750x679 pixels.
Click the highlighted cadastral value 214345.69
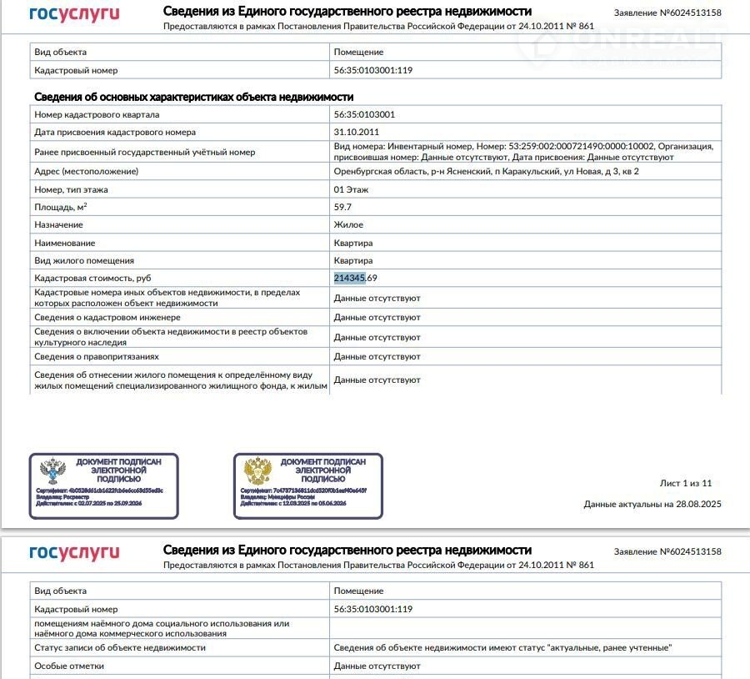pyautogui.click(x=362, y=278)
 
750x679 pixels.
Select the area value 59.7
pyautogui.click(x=342, y=207)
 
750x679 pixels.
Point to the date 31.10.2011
pyautogui.click(x=357, y=132)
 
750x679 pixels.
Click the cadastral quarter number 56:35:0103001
pyautogui.click(x=364, y=114)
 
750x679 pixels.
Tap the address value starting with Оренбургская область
pyautogui.click(x=486, y=171)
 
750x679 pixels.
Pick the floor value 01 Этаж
pyautogui.click(x=351, y=189)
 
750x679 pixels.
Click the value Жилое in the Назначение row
pyautogui.click(x=348, y=224)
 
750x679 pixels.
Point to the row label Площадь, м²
pyautogui.click(x=61, y=207)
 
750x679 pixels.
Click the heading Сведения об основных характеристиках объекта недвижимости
pyautogui.click(x=194, y=97)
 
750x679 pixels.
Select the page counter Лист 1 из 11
pyautogui.click(x=686, y=483)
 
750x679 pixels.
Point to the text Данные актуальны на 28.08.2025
pyautogui.click(x=652, y=504)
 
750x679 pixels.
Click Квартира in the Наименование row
pyautogui.click(x=353, y=243)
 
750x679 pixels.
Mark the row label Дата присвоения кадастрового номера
pyautogui.click(x=114, y=132)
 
